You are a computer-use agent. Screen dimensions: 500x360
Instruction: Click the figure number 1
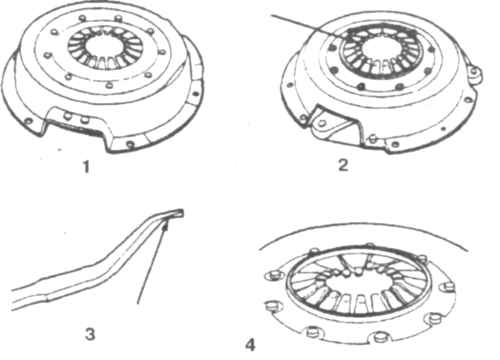pos(86,166)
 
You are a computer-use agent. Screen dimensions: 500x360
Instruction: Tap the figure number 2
pos(343,165)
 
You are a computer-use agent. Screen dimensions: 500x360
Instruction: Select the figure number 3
pos(90,334)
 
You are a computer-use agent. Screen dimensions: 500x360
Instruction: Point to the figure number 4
pos(250,345)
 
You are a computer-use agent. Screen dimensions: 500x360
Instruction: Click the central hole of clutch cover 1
pos(105,46)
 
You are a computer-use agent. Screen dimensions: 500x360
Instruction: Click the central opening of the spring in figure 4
pos(357,283)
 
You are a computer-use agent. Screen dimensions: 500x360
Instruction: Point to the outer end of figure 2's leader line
pos(271,15)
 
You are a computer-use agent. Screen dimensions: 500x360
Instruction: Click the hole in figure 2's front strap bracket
pos(322,123)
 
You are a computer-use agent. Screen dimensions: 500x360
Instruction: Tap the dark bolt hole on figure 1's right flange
pos(196,94)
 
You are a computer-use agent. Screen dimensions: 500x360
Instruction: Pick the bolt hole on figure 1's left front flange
pos(28,121)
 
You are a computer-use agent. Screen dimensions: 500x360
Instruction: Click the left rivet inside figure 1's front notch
pos(68,116)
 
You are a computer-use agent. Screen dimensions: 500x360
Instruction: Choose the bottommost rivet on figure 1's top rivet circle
pos(109,85)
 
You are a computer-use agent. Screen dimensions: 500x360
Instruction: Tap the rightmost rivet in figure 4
pos(449,286)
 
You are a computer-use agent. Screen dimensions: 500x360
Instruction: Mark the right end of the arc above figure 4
pos(468,250)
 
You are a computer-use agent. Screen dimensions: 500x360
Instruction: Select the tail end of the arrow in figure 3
pos(138,303)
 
